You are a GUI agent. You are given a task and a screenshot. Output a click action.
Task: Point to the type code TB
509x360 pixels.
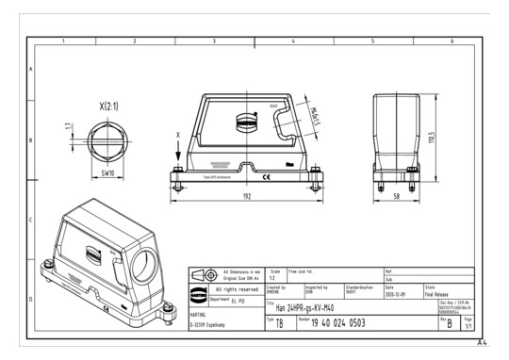tap(278, 322)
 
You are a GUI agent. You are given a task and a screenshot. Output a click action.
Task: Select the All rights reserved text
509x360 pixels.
tap(236, 289)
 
